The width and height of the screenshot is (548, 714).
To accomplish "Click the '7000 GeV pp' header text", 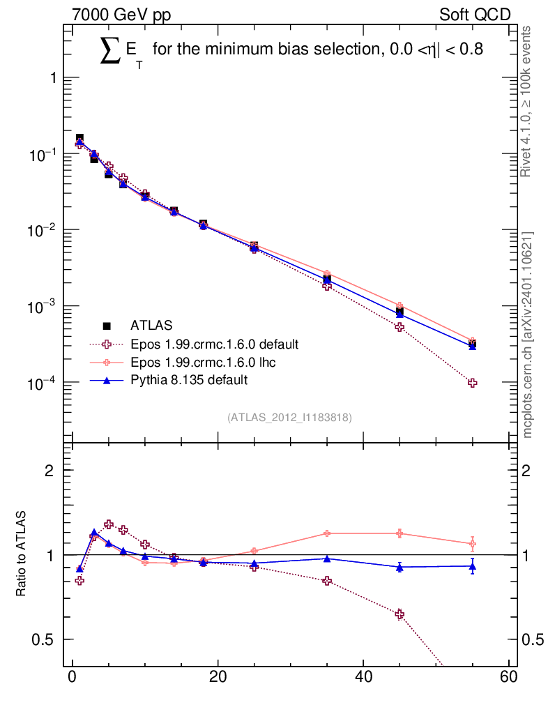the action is click(121, 15).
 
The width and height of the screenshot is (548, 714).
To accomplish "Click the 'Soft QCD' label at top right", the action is click(475, 15).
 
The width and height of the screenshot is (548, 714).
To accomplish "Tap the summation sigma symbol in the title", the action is click(110, 51).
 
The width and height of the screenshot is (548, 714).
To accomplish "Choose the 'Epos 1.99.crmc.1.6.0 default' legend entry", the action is click(194, 344).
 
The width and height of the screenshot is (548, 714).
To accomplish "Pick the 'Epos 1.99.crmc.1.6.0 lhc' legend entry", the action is click(183, 362).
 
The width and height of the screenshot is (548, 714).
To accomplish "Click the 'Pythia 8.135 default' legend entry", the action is click(169, 380).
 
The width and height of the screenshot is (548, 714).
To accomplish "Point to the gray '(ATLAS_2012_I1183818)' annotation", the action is click(289, 418).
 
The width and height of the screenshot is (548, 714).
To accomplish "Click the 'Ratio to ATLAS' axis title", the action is click(21, 554).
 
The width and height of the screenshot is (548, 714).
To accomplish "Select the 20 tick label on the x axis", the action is click(218, 676).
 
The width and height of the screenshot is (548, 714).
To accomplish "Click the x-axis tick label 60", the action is click(508, 676).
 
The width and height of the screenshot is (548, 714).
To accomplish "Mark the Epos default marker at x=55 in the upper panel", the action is click(473, 383).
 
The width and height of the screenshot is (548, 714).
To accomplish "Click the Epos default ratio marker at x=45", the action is click(399, 614).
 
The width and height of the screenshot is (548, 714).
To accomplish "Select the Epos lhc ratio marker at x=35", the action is click(327, 533).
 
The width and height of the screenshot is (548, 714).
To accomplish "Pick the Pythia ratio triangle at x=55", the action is click(473, 566).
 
